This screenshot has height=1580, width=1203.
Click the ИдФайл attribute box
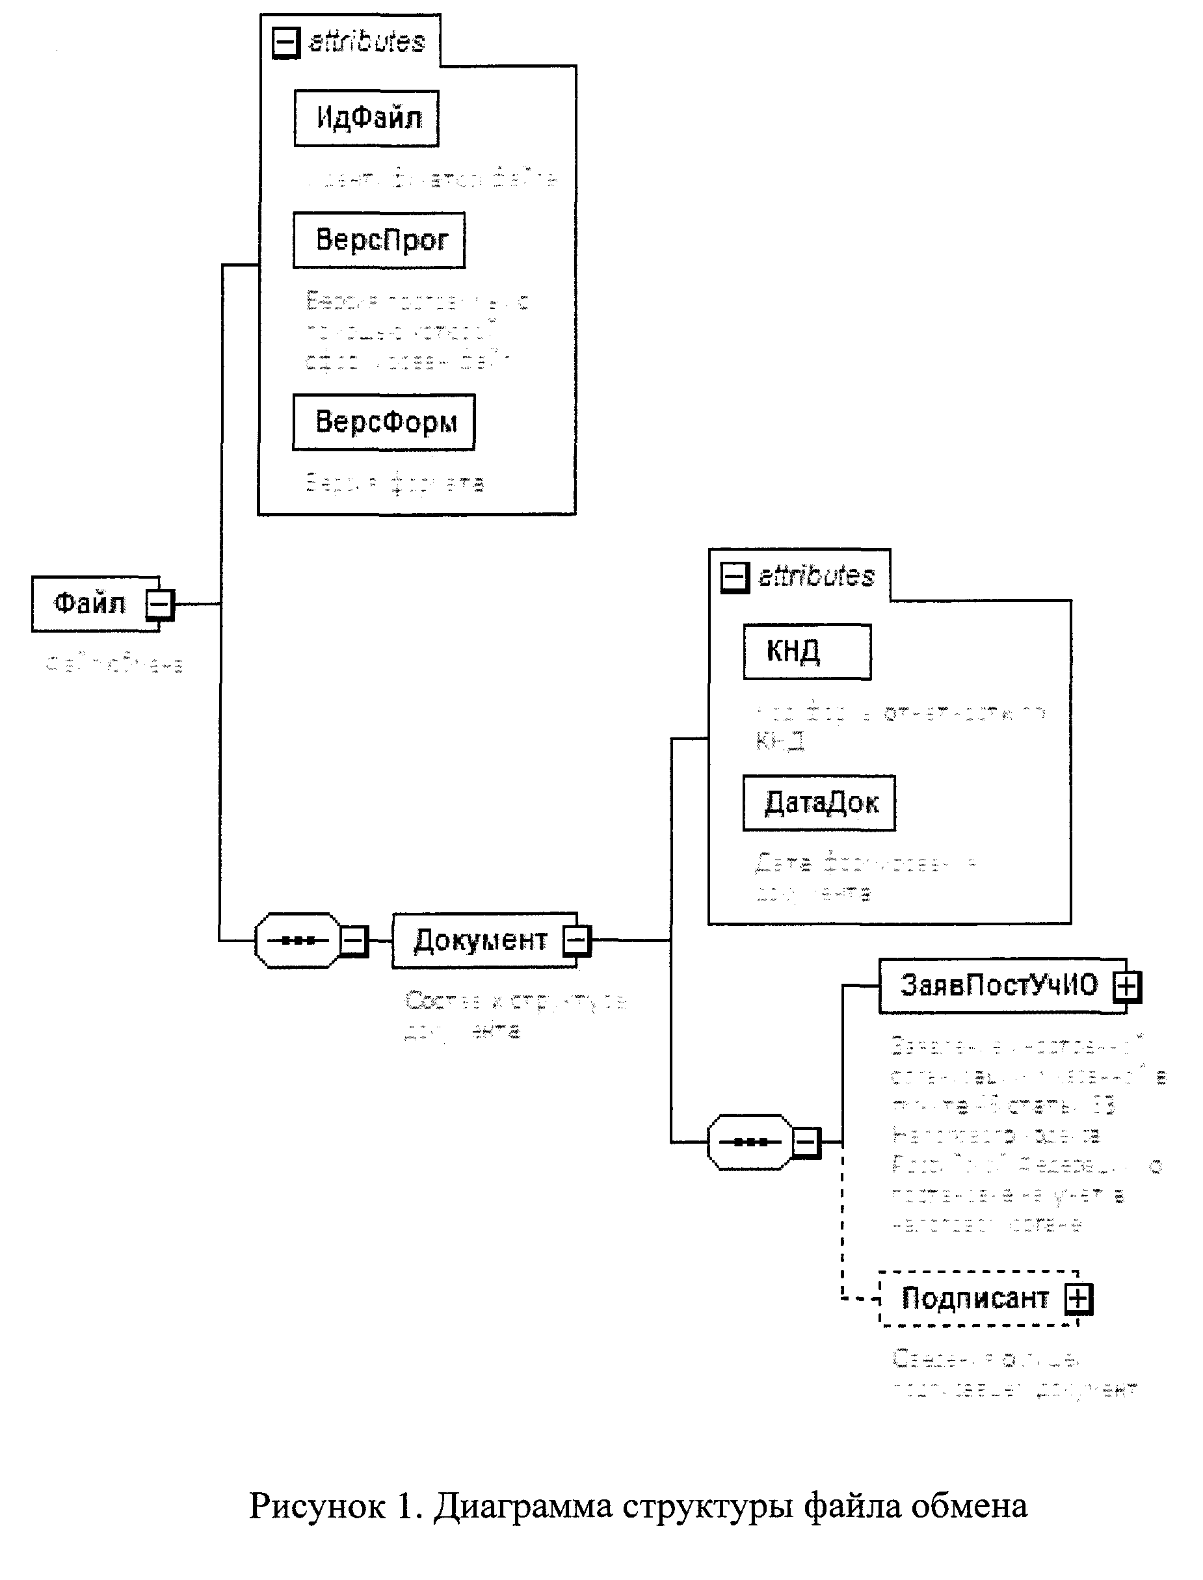366,118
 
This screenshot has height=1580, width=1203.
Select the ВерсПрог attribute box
379,240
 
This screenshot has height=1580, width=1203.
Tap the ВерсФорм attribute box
383,422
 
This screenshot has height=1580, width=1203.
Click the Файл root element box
90,603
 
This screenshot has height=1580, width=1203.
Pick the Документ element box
480,940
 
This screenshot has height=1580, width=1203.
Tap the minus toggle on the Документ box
576,940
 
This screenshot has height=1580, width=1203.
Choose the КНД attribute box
807,652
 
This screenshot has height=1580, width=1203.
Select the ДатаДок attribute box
819,802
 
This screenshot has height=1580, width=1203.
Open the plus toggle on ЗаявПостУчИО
1126,986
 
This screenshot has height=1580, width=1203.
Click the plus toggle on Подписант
1078,1298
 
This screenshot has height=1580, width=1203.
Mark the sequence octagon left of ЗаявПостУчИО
750,1142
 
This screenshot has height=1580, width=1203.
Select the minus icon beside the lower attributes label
734,577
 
